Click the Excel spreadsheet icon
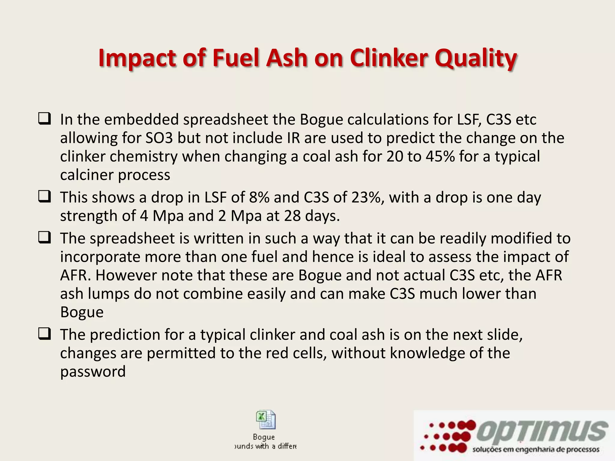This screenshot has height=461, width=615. click(x=265, y=420)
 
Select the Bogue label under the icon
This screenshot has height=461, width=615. click(x=264, y=437)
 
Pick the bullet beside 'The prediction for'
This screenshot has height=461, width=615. click(x=44, y=334)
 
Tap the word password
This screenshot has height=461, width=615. click(x=93, y=372)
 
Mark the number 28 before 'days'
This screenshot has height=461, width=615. click(x=292, y=216)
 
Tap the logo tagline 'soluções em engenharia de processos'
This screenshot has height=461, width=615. click(x=536, y=450)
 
